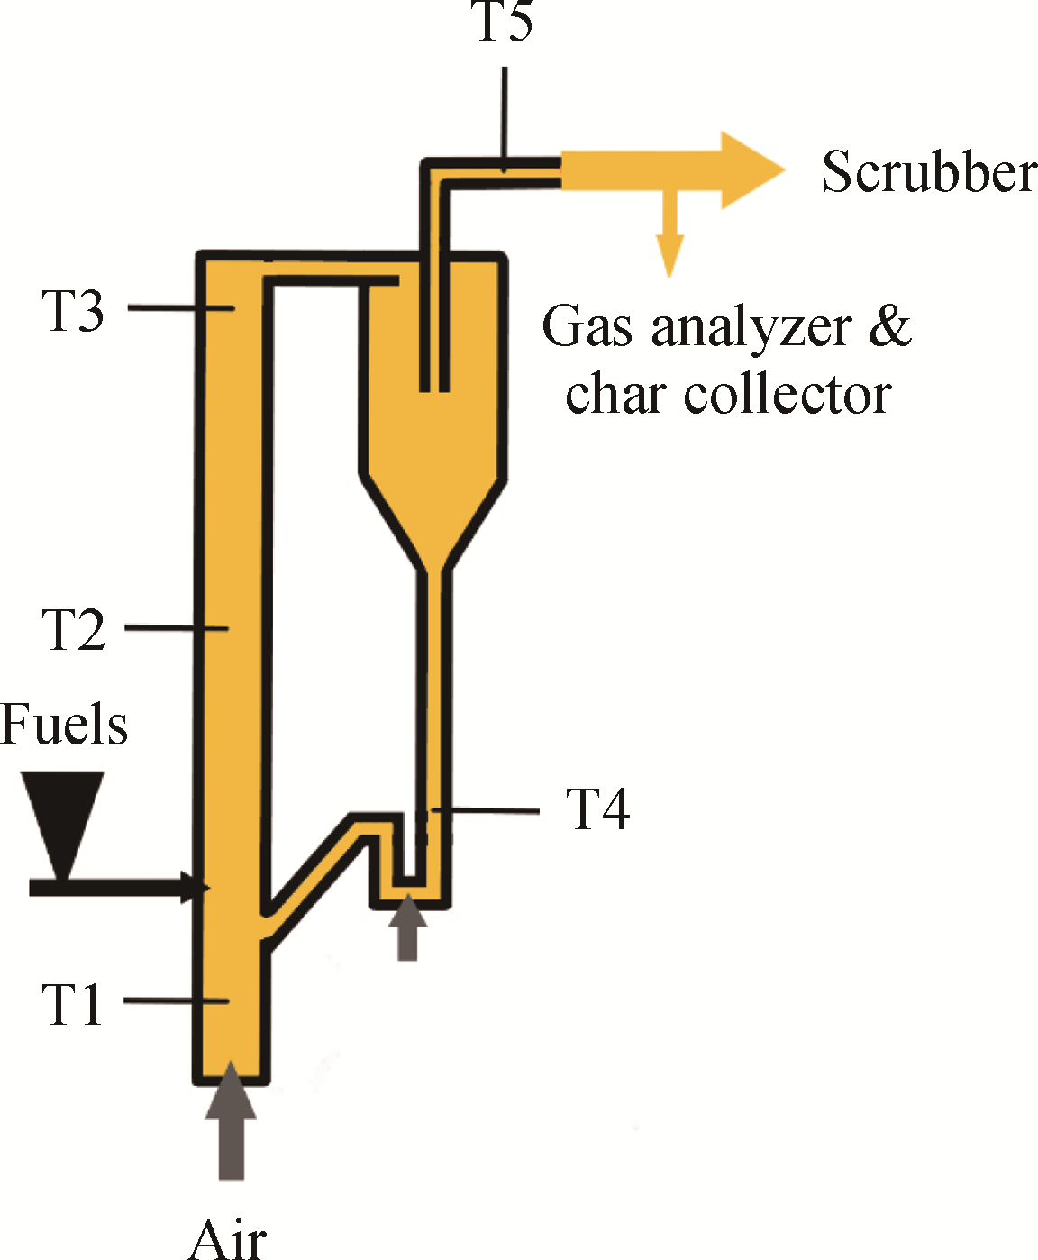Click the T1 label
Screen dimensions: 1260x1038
click(x=73, y=1004)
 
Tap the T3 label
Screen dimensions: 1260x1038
click(x=73, y=311)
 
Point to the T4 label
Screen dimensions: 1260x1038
click(x=597, y=808)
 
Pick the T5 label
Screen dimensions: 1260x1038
click(x=504, y=22)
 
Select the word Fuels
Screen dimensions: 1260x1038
click(x=64, y=725)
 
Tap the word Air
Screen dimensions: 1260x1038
click(x=228, y=1238)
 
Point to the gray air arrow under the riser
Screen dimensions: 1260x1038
click(x=231, y=1122)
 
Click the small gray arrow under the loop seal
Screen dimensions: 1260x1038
click(x=408, y=927)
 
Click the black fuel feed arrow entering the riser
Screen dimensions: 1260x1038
click(x=117, y=888)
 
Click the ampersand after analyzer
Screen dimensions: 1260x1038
click(x=890, y=326)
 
